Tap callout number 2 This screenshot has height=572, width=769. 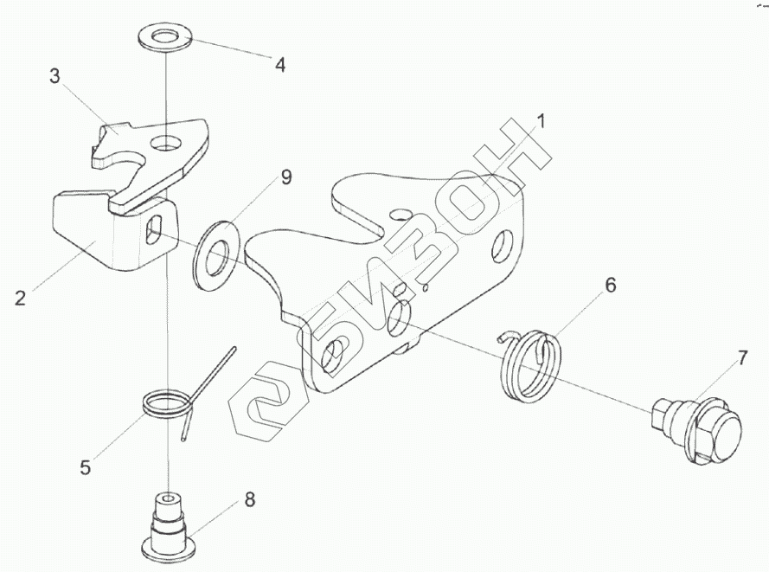click(x=22, y=298)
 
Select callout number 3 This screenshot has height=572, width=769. click(x=54, y=75)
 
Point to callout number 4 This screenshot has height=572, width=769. click(x=279, y=63)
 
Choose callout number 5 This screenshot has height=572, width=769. click(x=85, y=467)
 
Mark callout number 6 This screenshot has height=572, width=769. click(x=610, y=285)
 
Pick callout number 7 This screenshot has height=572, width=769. click(x=741, y=357)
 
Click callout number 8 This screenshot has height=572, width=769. click(x=249, y=498)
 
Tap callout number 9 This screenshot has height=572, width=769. click(x=285, y=178)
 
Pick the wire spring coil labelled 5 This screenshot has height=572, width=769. click(x=167, y=402)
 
